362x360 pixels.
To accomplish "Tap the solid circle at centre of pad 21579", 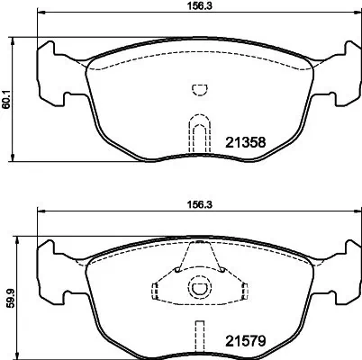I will pyautogui.click(x=197, y=289).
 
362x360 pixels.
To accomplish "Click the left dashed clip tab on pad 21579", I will pyautogui.click(x=155, y=290).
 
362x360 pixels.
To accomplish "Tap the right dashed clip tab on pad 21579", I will pyautogui.click(x=240, y=290).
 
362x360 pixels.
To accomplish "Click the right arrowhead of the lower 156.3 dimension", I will pyautogui.click(x=352, y=213).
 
